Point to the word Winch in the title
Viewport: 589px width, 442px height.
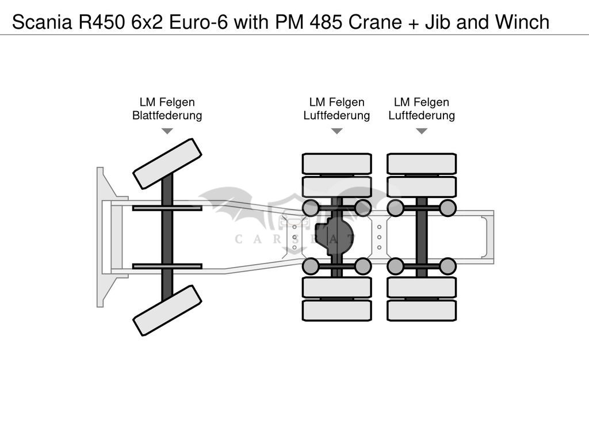[x=519, y=22]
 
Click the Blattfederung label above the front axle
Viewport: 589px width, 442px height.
[x=167, y=116]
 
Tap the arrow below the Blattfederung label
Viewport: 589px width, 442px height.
[x=167, y=131]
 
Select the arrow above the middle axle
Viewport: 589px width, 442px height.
[x=336, y=131]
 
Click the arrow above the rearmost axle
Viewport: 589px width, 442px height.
[x=422, y=131]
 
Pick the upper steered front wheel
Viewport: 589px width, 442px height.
[x=167, y=163]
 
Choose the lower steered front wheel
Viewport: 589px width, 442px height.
[x=167, y=310]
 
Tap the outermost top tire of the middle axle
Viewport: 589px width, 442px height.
[x=336, y=163]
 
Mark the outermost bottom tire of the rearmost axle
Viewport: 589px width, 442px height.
[x=422, y=310]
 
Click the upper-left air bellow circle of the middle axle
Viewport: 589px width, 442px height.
[x=311, y=208]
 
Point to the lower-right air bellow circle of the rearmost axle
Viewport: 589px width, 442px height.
[x=448, y=266]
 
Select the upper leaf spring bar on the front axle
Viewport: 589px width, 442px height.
[x=167, y=208]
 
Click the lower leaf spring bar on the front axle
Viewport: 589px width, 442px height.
[x=167, y=266]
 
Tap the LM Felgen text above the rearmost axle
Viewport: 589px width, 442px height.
[x=422, y=102]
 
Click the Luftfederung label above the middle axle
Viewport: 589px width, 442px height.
[x=336, y=116]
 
